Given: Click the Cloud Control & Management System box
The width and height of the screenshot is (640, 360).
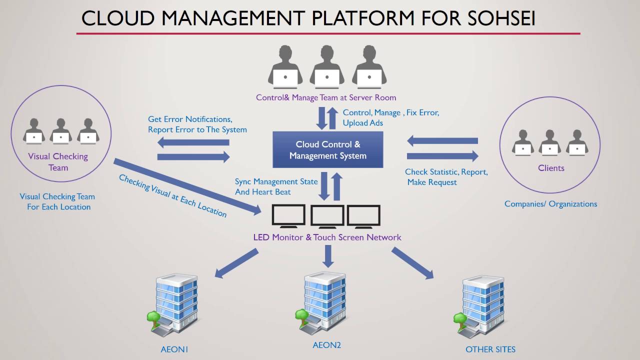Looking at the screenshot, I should click(327, 149).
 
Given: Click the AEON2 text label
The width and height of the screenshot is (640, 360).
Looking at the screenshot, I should click(326, 345).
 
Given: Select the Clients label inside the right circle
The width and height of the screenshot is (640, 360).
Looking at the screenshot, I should click(551, 168).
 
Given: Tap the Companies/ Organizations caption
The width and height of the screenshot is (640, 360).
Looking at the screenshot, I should click(550, 204).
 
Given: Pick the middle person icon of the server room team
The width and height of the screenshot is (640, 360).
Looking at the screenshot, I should click(326, 67).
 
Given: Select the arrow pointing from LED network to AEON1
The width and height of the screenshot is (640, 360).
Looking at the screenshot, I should click(236, 263).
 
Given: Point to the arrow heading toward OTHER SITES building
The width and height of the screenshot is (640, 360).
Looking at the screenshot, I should click(412, 263).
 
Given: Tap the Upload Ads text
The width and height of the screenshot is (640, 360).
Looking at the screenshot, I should click(362, 123).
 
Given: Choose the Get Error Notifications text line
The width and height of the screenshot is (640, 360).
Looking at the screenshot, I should click(190, 119).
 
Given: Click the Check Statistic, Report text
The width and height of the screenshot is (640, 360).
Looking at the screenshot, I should click(446, 172).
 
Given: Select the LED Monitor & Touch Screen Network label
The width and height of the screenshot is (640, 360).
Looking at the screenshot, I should click(327, 237).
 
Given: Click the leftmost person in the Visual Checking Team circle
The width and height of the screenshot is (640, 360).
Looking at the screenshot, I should click(34, 131).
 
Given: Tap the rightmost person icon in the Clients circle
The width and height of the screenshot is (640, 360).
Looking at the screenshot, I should click(577, 142).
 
